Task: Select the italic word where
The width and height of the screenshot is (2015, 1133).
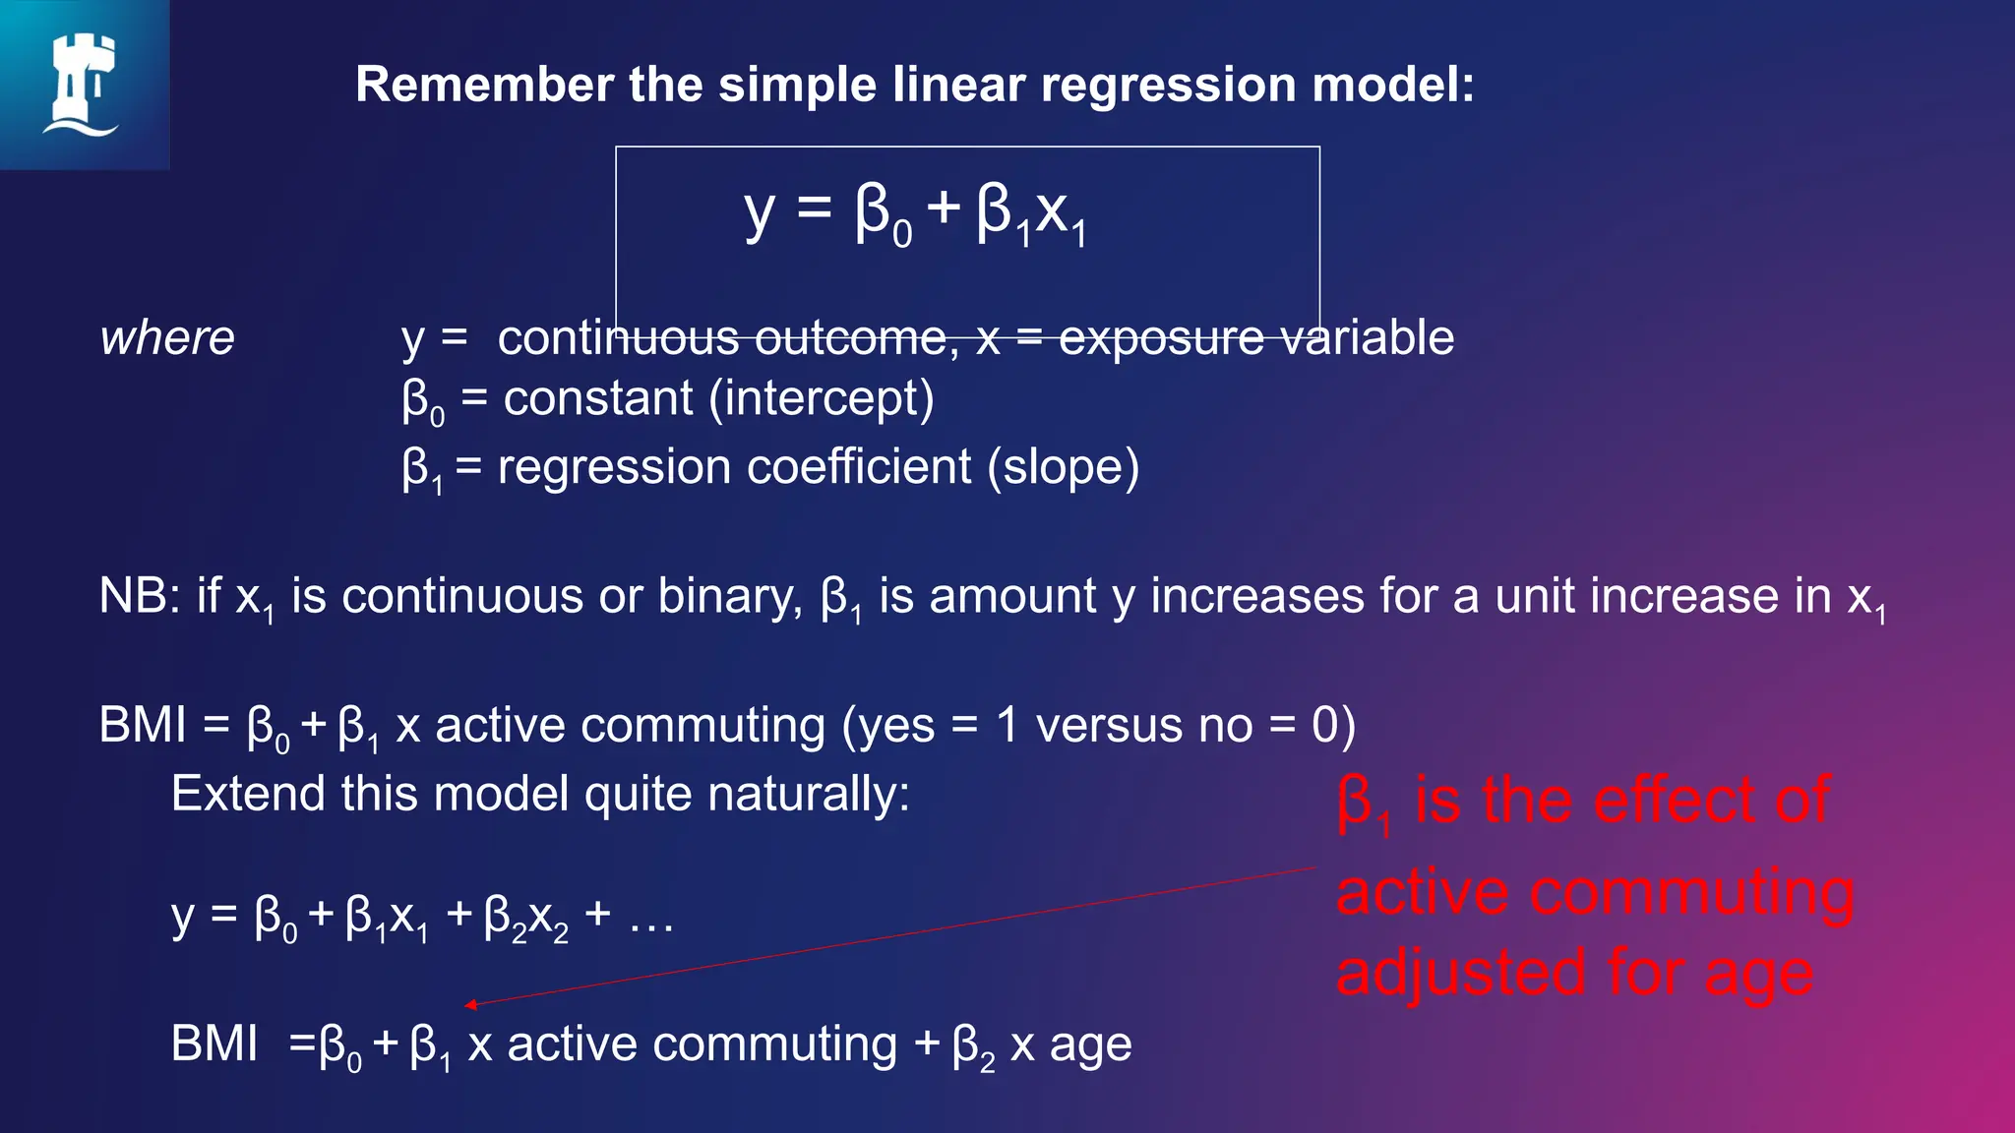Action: tap(167, 338)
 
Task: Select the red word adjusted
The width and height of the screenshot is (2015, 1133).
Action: tap(1461, 973)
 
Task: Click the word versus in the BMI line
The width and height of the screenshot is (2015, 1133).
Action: tap(1097, 726)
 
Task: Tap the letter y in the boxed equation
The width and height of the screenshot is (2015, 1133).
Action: tap(759, 213)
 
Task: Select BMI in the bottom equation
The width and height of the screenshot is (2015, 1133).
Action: tap(214, 1044)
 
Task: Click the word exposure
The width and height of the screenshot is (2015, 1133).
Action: tap(1161, 338)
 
